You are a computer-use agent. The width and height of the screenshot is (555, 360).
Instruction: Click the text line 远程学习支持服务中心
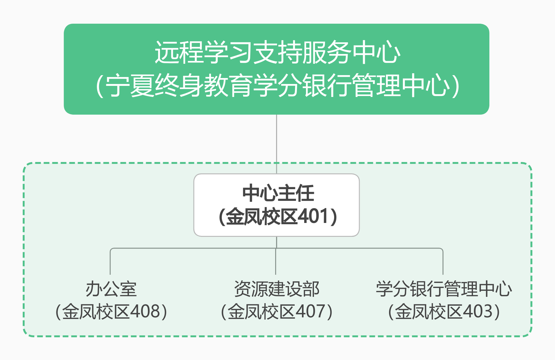click(x=277, y=52)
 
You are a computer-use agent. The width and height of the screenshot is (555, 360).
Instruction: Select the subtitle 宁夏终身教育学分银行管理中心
click(x=277, y=85)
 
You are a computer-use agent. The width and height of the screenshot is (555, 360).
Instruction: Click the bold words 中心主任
click(x=278, y=193)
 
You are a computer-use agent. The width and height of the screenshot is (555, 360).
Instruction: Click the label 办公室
click(x=111, y=289)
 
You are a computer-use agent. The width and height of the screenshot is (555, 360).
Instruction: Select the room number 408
click(x=145, y=311)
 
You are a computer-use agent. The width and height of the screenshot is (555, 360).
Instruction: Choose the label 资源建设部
click(x=277, y=289)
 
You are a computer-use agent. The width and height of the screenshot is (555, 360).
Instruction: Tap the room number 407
click(x=311, y=311)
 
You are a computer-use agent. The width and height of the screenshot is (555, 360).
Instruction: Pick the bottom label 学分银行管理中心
click(x=444, y=289)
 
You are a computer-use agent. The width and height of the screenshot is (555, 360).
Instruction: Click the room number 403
click(x=478, y=311)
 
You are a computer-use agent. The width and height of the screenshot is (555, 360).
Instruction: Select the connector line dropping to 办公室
click(x=110, y=262)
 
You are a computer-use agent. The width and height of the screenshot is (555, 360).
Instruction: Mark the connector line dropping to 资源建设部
click(x=276, y=262)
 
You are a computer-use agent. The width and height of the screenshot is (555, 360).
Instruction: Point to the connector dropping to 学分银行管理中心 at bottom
click(x=443, y=262)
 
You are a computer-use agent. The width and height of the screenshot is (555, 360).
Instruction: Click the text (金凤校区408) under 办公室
click(x=111, y=312)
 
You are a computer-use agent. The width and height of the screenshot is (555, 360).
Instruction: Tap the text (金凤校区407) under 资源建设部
click(x=277, y=312)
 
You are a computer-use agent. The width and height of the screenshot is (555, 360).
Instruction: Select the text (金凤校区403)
click(x=444, y=312)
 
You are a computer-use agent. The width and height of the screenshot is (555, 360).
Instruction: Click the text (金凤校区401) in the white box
click(x=278, y=217)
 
